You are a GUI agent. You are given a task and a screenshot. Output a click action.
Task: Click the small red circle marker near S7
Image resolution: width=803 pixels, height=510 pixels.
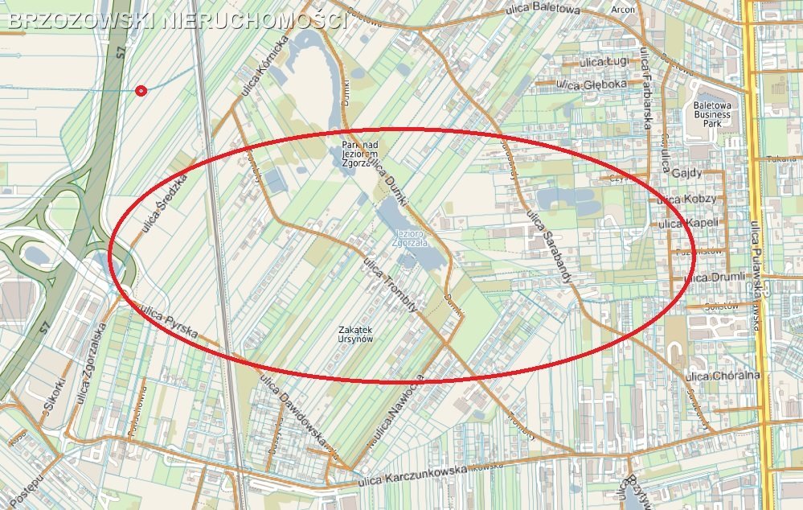tap(141, 91)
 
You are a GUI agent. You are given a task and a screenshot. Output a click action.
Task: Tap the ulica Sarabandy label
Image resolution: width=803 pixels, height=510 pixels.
tap(548, 245)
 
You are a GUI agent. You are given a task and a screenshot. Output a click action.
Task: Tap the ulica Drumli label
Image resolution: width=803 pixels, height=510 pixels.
tap(715, 278)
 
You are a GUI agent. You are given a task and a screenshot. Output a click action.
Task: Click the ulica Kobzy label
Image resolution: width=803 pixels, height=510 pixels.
tap(688, 199)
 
